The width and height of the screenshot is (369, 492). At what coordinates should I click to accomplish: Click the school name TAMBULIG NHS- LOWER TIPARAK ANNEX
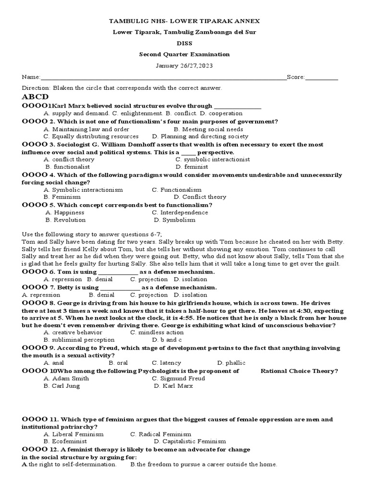[184, 21]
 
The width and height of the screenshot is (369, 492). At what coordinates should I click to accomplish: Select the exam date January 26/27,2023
[184, 65]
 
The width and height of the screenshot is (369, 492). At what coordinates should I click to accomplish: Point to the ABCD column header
[35, 97]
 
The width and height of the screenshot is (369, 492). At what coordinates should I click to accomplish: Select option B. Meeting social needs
[209, 129]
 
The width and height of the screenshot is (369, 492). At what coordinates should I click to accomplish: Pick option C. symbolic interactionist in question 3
[212, 160]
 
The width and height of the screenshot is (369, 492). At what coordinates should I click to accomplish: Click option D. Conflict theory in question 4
[200, 197]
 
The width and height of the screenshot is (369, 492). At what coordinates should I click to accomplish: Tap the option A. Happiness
[65, 212]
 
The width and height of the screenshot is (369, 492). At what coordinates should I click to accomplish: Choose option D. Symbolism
[174, 220]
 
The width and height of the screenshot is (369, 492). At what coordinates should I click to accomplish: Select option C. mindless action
[157, 332]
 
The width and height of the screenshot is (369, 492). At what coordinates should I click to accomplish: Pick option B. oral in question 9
[118, 363]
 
